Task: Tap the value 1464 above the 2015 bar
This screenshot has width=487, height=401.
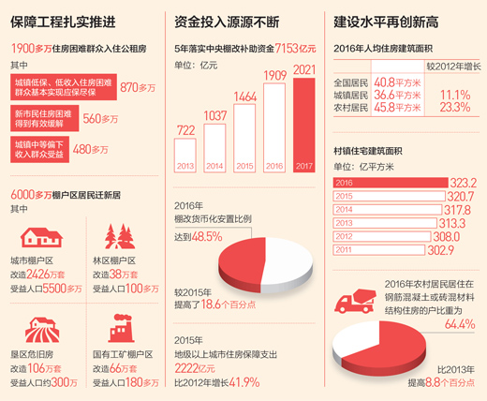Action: [244, 97]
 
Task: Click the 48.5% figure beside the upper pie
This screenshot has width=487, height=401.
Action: [207, 237]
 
